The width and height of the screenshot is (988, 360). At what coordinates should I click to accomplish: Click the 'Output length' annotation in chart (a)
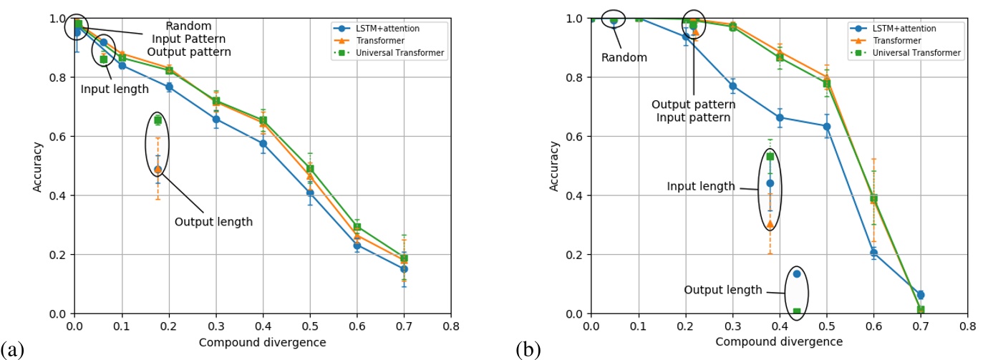(x=213, y=222)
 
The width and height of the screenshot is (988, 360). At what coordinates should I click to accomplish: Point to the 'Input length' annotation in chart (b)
(x=701, y=186)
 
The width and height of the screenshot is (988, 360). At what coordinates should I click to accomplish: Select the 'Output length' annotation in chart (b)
(x=723, y=290)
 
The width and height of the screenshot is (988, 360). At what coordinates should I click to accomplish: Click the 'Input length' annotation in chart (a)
(x=114, y=89)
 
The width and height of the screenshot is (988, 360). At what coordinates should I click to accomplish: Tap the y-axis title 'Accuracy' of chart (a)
(x=39, y=165)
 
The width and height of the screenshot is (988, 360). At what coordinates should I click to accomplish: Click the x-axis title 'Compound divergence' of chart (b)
(x=779, y=341)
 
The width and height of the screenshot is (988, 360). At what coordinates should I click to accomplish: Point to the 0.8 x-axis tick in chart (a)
(x=451, y=325)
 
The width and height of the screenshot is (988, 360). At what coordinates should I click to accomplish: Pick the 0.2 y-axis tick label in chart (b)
(x=574, y=255)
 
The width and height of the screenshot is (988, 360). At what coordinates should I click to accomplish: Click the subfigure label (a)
(x=12, y=350)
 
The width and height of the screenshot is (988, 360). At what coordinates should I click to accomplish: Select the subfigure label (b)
(x=528, y=350)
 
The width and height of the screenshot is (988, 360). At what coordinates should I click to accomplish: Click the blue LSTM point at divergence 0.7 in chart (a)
(x=404, y=268)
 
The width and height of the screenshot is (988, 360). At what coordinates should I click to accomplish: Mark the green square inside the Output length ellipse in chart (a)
(x=158, y=120)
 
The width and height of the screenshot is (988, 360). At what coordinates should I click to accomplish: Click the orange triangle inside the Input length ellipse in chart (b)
(x=770, y=224)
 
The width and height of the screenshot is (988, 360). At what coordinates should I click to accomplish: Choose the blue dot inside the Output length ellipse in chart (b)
(x=797, y=273)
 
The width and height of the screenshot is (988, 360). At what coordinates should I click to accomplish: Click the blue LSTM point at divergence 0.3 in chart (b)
(x=732, y=86)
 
